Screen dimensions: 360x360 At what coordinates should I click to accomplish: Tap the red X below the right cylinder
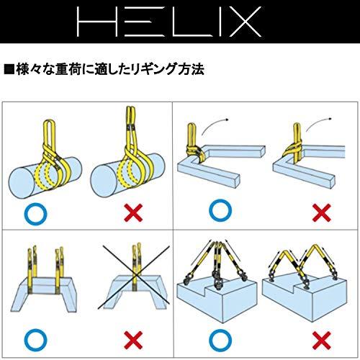[x=131, y=212]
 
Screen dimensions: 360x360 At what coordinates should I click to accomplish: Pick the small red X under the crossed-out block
[x=131, y=338]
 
